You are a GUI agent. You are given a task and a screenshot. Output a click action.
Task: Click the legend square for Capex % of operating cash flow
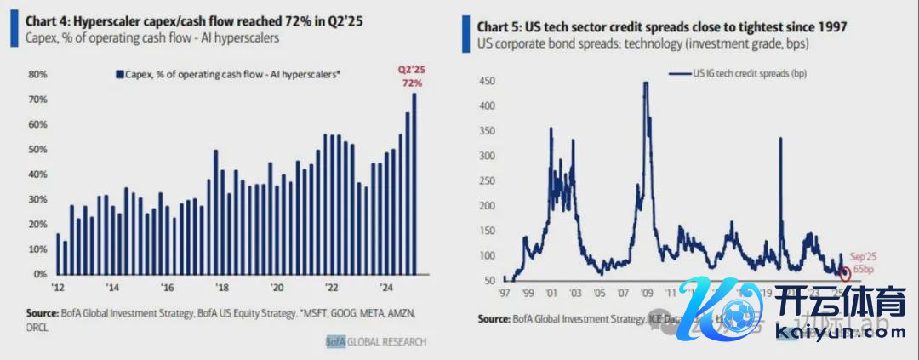tap(119, 75)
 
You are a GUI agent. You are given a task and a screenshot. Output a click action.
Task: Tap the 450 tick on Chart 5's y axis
tap(487, 81)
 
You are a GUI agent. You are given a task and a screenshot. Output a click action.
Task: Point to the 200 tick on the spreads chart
tap(487, 206)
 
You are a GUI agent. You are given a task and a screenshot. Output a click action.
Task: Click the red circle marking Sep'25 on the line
tap(845, 273)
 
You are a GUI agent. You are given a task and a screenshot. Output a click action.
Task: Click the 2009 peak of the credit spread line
tap(646, 83)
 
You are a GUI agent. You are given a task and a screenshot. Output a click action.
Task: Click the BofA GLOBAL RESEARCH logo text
tap(375, 342)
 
